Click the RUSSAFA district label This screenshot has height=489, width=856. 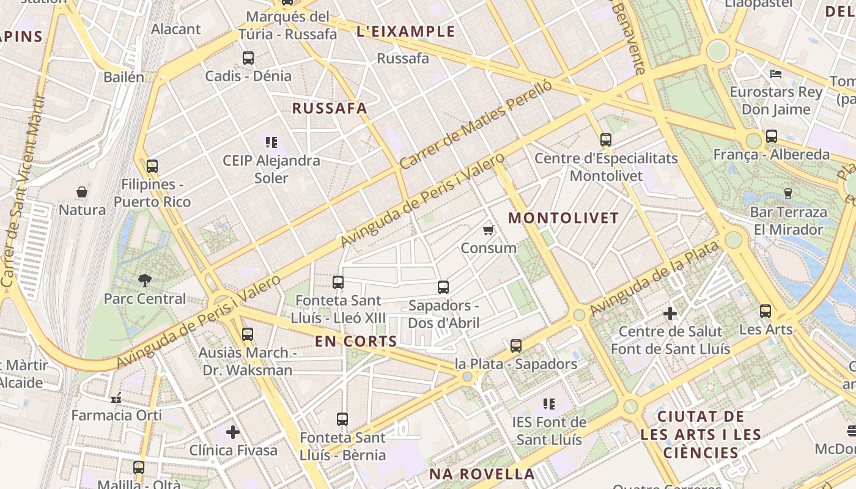(330, 108)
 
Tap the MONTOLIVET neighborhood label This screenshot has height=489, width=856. (563, 218)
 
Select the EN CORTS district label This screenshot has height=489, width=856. (356, 341)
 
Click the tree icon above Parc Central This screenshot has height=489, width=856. (145, 281)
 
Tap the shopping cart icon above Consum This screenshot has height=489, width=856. (488, 230)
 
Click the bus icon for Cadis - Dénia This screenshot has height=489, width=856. (248, 58)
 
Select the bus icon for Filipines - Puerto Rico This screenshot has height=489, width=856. (152, 166)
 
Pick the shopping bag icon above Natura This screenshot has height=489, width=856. (82, 192)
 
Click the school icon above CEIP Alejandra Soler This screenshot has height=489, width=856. (271, 142)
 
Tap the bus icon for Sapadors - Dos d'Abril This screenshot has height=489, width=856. (443, 287)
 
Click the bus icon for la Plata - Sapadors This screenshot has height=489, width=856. (515, 346)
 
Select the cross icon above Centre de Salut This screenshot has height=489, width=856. (670, 314)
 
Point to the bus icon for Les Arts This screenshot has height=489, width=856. (766, 311)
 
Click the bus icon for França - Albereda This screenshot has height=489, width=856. (772, 136)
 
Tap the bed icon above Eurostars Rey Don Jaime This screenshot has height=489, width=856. (776, 75)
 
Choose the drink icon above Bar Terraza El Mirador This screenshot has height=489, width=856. (788, 194)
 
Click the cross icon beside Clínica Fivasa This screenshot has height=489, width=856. (233, 432)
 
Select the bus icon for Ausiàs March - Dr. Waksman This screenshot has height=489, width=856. (247, 334)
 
